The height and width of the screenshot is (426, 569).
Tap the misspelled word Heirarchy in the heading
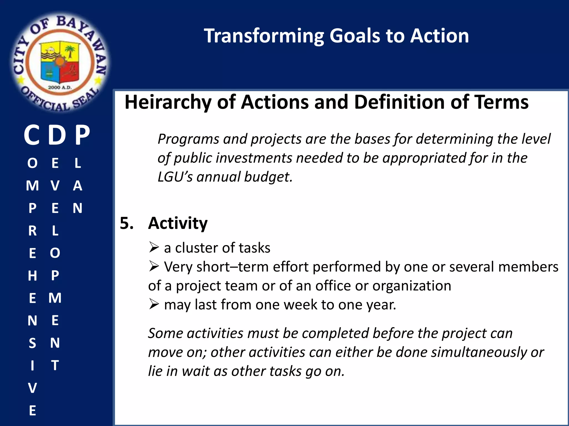coord(168,102)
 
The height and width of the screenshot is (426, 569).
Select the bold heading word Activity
coord(178,223)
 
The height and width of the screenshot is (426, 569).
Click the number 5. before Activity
coord(127,223)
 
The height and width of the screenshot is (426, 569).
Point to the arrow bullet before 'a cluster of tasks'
coord(154,247)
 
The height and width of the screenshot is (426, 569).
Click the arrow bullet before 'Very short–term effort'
coord(154,266)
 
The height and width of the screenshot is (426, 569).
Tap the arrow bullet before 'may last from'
coord(154,304)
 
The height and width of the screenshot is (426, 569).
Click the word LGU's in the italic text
coord(175,177)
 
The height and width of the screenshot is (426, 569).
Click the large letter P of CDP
coord(83,135)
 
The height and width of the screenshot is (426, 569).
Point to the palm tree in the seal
coord(70,51)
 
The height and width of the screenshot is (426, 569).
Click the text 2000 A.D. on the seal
coord(60,87)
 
